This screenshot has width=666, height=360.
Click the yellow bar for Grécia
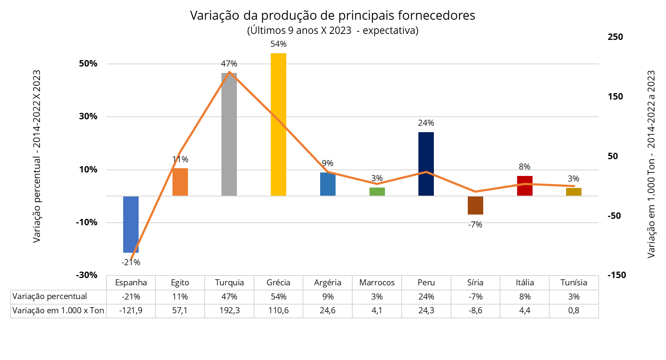point(279,124)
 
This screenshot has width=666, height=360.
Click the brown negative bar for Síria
point(475,206)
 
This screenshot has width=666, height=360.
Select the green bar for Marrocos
point(377,192)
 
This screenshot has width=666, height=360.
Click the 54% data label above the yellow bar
point(279,44)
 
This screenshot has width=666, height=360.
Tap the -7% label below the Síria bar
point(475,224)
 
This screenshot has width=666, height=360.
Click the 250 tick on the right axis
point(615,37)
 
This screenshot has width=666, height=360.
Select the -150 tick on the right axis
point(617,275)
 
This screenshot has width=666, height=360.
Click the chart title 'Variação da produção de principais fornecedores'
point(333,15)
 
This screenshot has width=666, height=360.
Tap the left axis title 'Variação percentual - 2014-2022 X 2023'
point(37,157)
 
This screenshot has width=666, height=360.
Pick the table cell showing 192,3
point(229,310)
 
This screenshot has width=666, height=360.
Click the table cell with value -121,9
point(131,310)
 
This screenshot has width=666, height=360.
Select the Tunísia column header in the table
point(574,282)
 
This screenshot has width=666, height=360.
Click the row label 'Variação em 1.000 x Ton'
point(58,310)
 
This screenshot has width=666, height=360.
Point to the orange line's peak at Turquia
point(230,72)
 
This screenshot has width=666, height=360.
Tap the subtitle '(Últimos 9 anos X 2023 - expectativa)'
point(333,30)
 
